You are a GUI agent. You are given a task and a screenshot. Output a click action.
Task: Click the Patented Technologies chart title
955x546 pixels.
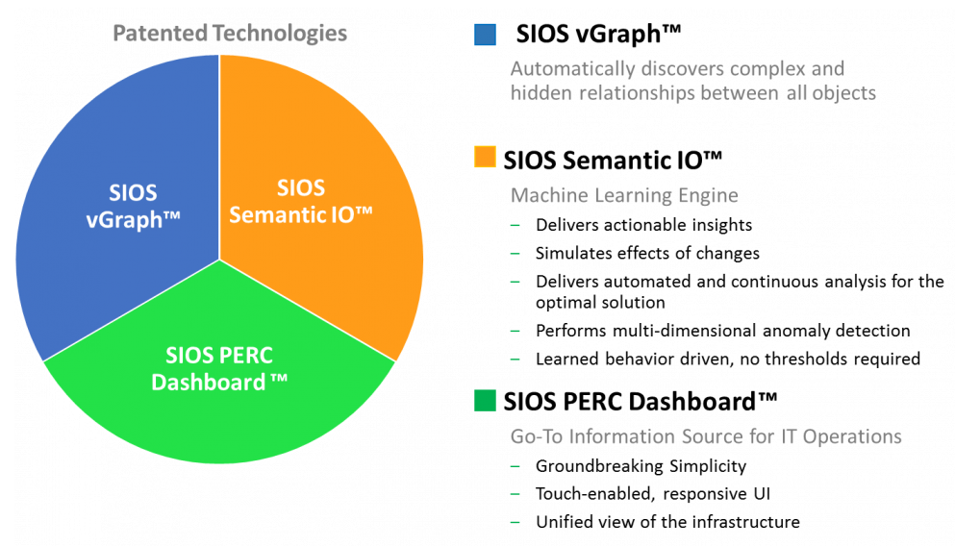click(x=230, y=34)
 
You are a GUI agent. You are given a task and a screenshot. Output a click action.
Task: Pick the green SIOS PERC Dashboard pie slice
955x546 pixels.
click(x=219, y=378)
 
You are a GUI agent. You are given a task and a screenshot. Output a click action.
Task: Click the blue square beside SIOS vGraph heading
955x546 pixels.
click(x=485, y=35)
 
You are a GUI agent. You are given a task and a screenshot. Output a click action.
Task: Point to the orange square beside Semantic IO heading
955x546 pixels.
click(x=485, y=157)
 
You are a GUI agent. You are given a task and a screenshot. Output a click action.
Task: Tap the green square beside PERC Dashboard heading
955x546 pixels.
click(x=485, y=401)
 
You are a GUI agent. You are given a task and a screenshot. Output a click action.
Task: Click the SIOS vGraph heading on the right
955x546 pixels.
click(x=598, y=34)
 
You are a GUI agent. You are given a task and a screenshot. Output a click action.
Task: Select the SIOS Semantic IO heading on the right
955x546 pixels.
click(x=613, y=161)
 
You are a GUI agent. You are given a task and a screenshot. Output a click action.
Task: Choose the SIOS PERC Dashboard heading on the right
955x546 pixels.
click(x=641, y=402)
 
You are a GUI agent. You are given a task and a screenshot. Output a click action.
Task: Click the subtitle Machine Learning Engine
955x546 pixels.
click(x=624, y=195)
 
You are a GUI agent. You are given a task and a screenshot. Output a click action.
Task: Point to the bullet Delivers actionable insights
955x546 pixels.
click(x=643, y=225)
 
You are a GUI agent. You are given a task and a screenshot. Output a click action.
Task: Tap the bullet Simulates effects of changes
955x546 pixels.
click(x=647, y=253)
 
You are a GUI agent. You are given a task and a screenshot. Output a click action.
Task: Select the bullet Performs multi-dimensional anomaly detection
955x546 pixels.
click(x=723, y=331)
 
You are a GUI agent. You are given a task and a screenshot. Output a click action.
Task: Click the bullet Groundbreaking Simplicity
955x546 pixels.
click(x=641, y=466)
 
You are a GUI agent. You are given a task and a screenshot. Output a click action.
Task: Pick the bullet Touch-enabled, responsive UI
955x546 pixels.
click(x=653, y=494)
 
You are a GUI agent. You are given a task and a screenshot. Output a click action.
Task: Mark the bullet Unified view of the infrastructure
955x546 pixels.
click(x=667, y=522)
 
